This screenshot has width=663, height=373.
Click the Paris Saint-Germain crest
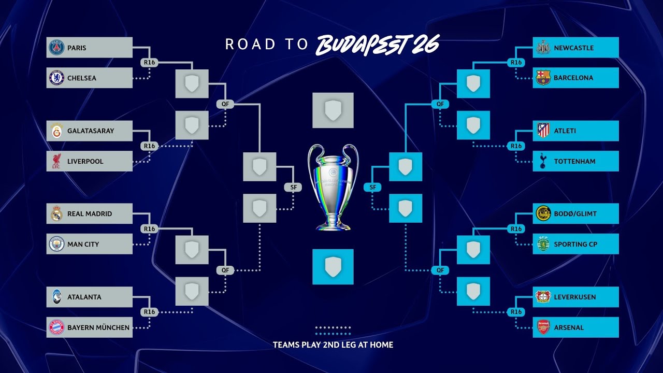click(x=56, y=48)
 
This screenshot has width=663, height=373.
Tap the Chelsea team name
click(x=82, y=78)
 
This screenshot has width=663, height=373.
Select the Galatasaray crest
click(x=56, y=131)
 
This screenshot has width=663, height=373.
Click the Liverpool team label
click(x=85, y=162)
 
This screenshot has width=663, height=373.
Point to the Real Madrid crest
click(x=56, y=213)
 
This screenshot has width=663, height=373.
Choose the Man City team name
click(x=83, y=245)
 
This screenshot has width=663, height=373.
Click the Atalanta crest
click(x=56, y=297)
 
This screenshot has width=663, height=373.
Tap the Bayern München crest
click(x=56, y=327)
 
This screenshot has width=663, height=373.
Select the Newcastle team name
click(x=574, y=48)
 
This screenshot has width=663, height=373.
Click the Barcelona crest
click(x=543, y=78)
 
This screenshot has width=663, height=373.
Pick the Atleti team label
click(x=565, y=131)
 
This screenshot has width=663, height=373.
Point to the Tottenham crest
click(x=543, y=162)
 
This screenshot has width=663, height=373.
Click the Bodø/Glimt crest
click(x=543, y=213)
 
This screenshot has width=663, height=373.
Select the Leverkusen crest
click(x=543, y=297)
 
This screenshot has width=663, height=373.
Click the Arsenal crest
click(x=543, y=327)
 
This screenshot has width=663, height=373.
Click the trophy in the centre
click(x=333, y=187)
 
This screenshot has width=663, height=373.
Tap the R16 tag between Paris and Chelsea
click(x=149, y=63)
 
